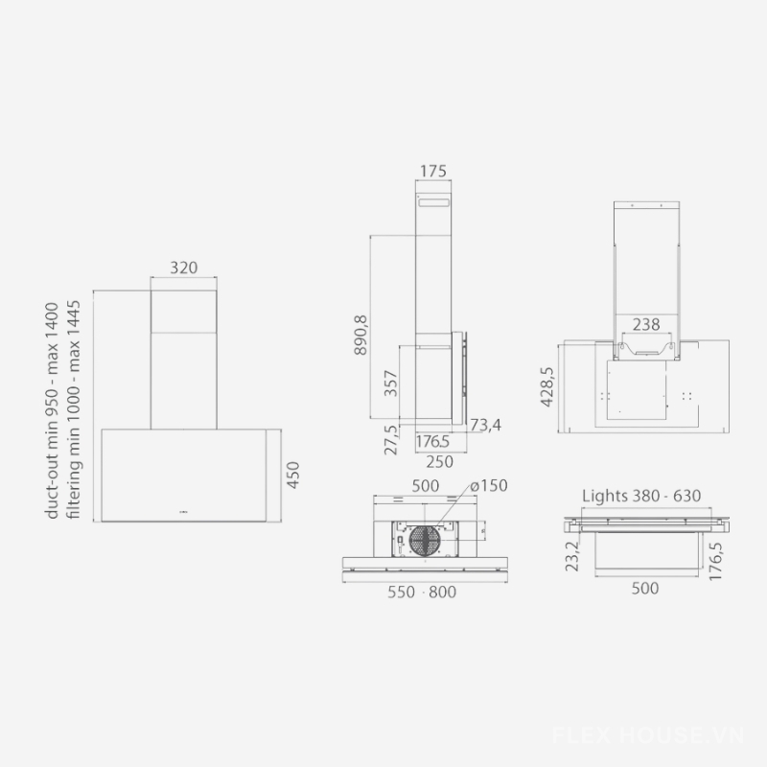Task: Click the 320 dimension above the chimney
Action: pyautogui.click(x=184, y=267)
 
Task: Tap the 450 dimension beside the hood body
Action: pyautogui.click(x=292, y=475)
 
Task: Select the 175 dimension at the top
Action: pyautogui.click(x=433, y=172)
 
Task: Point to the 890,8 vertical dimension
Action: pyautogui.click(x=360, y=335)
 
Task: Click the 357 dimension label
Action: pyautogui.click(x=390, y=383)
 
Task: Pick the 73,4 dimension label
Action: pyautogui.click(x=485, y=425)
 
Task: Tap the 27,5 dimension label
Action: pyautogui.click(x=391, y=440)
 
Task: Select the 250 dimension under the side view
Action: pyautogui.click(x=440, y=462)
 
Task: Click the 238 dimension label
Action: pyautogui.click(x=646, y=324)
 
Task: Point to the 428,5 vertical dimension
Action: pyautogui.click(x=546, y=386)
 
